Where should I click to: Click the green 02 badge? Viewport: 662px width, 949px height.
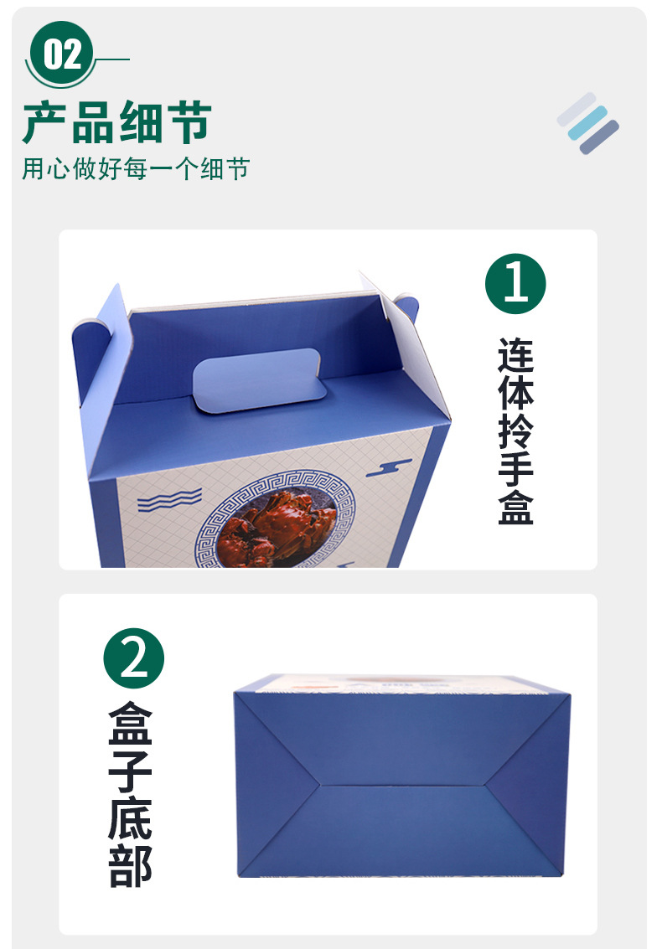click(63, 55)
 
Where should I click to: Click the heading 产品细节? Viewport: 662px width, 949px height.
click(116, 123)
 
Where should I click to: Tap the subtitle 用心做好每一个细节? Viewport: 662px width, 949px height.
click(135, 168)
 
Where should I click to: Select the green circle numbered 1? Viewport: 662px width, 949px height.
click(515, 284)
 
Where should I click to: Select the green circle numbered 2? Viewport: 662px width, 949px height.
click(134, 658)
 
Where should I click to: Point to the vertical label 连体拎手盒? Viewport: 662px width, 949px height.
click(515, 431)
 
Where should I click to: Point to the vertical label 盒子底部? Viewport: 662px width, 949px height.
click(131, 794)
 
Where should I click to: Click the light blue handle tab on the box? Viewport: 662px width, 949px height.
click(257, 379)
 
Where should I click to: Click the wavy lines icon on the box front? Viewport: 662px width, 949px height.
click(169, 500)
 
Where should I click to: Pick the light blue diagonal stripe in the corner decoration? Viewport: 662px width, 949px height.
click(587, 122)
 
